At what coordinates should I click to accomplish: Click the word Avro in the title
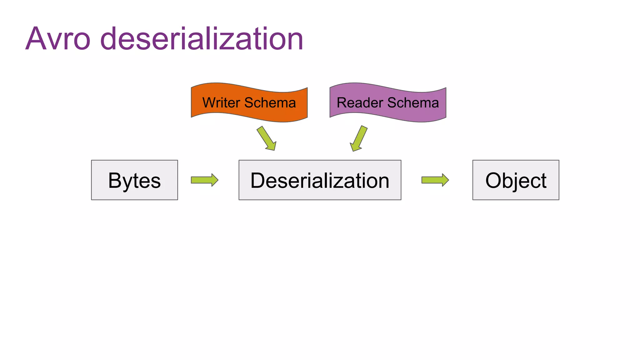tap(58, 39)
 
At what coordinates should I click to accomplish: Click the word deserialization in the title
tap(202, 39)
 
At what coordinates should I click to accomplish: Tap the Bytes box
tap(134, 180)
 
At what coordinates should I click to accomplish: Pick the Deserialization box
tap(320, 180)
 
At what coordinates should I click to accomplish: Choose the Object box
tap(516, 180)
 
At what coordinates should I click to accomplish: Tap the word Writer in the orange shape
tap(221, 102)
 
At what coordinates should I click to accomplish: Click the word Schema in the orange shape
tap(270, 102)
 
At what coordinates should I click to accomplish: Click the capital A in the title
tap(37, 39)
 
